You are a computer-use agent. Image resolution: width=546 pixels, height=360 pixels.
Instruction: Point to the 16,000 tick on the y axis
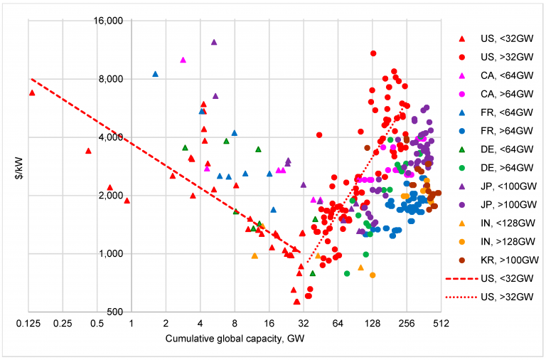(107, 21)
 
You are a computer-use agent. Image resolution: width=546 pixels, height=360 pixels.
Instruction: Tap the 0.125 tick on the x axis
(28, 324)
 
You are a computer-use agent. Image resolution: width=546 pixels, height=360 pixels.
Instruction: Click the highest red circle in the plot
(373, 53)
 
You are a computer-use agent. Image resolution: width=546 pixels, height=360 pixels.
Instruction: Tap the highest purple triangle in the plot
(214, 42)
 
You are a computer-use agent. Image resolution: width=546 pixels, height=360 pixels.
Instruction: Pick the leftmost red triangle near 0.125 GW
(32, 92)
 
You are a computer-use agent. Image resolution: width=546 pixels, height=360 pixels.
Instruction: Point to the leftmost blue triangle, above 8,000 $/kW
(155, 74)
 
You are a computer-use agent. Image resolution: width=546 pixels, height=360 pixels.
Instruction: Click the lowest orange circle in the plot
(373, 275)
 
